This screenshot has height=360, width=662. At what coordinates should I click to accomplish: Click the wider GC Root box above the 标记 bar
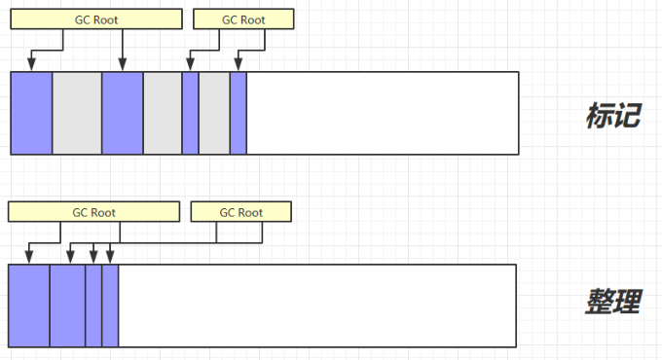click(x=96, y=19)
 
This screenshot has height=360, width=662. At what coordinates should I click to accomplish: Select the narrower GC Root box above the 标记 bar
click(x=243, y=19)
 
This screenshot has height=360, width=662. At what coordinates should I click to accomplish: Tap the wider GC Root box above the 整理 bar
click(x=93, y=212)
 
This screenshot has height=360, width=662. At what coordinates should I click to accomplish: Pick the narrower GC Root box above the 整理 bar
click(x=241, y=212)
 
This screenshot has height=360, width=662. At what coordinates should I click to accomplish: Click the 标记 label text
click(x=613, y=115)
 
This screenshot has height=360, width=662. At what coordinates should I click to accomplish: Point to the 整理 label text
click(x=613, y=302)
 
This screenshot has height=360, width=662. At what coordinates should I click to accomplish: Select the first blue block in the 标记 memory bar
click(x=32, y=113)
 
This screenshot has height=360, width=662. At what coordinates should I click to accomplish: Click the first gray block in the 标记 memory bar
click(x=77, y=113)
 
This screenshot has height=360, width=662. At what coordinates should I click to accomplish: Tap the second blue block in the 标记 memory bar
click(x=123, y=113)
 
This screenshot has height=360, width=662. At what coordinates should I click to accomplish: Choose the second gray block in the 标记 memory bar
click(x=163, y=113)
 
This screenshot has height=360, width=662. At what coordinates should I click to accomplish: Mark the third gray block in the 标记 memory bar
click(x=214, y=113)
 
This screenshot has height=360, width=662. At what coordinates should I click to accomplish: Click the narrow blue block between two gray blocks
click(x=191, y=113)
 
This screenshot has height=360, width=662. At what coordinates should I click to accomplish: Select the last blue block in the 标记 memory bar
click(x=239, y=113)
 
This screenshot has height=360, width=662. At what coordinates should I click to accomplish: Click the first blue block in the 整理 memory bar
click(x=29, y=306)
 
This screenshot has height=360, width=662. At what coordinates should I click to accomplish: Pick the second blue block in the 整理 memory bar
click(x=67, y=306)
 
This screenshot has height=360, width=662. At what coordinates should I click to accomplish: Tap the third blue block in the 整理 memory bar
click(x=93, y=306)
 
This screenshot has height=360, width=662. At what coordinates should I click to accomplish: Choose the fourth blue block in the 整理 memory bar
click(x=110, y=306)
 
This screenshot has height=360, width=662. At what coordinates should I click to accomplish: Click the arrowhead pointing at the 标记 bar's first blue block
click(x=31, y=64)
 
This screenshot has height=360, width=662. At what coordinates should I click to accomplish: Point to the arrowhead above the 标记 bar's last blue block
click(x=239, y=64)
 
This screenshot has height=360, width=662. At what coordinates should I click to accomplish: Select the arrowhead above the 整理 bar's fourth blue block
click(x=110, y=257)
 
